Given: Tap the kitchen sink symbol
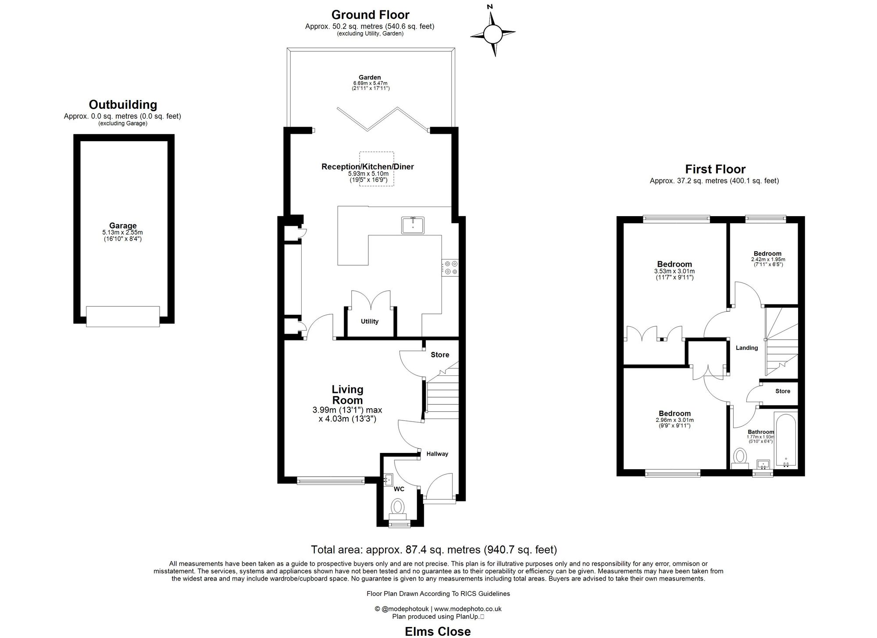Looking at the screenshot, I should (413, 225).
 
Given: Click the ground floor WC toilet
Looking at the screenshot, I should (398, 507).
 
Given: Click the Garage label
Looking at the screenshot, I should (123, 226).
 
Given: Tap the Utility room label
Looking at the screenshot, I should (370, 321).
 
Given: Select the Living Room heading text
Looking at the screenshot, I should (347, 395).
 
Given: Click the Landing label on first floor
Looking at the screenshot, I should (747, 348).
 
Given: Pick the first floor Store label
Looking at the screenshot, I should (783, 391).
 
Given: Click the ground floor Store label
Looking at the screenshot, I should (440, 355).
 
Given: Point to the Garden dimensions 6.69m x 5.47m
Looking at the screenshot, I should (371, 83).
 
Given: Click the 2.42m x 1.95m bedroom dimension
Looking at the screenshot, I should (768, 260).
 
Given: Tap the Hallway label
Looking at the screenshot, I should (437, 454).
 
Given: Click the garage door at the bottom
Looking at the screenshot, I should (123, 316).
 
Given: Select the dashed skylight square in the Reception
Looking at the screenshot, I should (377, 169).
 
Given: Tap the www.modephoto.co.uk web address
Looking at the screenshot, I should (468, 609).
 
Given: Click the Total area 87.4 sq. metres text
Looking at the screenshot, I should (434, 549).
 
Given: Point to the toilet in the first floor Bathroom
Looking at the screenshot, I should (741, 456).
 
